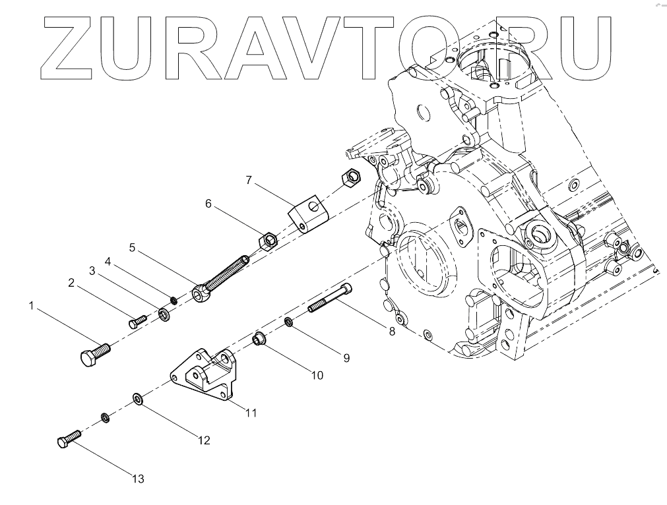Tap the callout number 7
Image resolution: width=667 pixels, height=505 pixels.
249,179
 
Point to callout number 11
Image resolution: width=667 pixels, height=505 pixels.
251,413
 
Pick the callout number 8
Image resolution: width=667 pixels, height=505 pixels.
391,332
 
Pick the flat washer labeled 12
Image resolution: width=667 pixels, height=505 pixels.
139,399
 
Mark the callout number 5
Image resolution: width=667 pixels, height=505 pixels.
132,247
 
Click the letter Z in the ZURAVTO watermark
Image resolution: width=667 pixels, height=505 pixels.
71,46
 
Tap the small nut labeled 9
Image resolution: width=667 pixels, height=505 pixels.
289,322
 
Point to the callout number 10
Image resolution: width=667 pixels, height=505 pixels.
317,375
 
